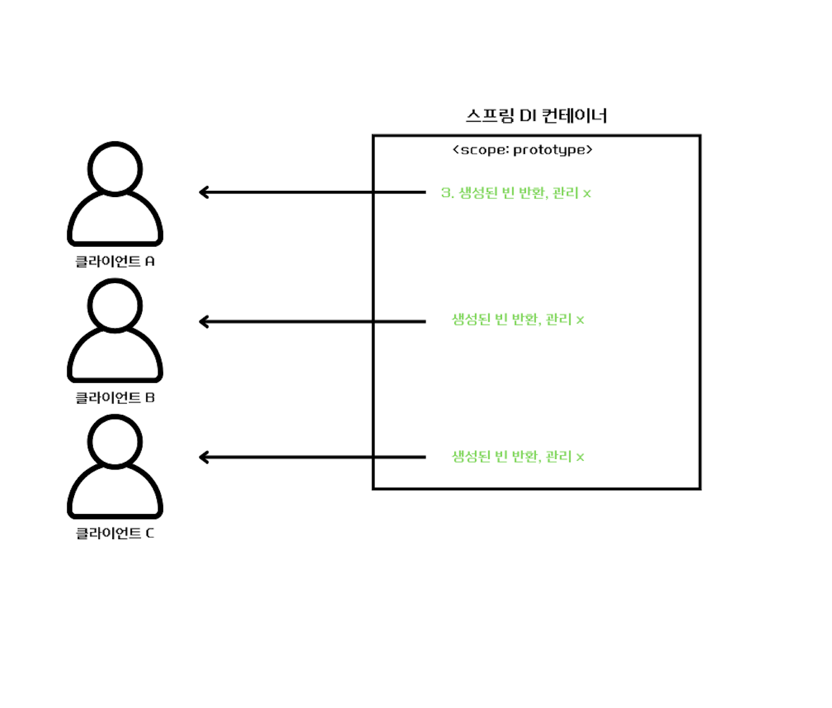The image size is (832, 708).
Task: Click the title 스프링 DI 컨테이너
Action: click(x=536, y=116)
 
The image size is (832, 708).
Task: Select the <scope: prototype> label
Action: click(x=522, y=150)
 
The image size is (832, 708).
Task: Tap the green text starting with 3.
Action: click(x=516, y=193)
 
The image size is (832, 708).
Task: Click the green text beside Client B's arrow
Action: click(x=518, y=319)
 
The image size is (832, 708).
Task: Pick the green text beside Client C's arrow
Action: click(x=518, y=456)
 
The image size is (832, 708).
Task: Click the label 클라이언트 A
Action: click(x=115, y=261)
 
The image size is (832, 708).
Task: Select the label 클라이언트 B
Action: click(x=115, y=397)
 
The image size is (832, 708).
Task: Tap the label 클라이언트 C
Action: click(x=115, y=534)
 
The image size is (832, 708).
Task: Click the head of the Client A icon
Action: click(x=115, y=168)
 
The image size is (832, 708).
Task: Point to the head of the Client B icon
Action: click(x=115, y=305)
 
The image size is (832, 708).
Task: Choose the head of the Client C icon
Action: click(x=115, y=441)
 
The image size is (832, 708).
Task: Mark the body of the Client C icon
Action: click(x=115, y=494)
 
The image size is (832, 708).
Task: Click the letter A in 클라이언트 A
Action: click(x=150, y=261)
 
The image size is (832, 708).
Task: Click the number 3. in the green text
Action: click(x=447, y=193)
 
